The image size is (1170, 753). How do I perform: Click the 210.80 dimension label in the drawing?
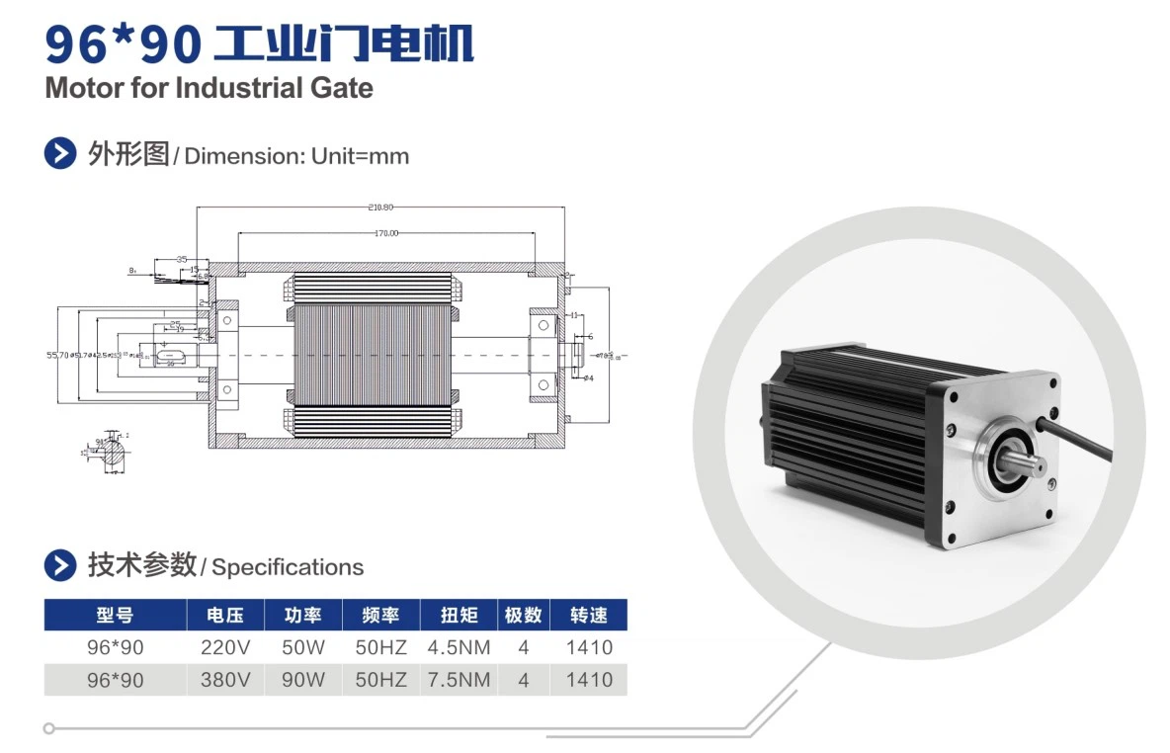pos(380,207)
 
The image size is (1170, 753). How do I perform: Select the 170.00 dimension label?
pos(385,233)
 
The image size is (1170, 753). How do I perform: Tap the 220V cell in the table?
pos(226,648)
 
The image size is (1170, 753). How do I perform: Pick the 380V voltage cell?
pos(226,680)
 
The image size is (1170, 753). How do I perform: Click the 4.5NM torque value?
pos(459,648)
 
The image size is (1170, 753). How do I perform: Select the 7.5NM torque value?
pos(459,680)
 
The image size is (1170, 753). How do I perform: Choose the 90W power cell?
pos(303,680)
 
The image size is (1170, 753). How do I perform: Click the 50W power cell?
pos(303,648)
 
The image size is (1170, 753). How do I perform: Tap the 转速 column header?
pos(589,615)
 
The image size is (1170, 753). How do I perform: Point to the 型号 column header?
pos(115,615)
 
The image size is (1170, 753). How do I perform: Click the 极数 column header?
pos(523,615)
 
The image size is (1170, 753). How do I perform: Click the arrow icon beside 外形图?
pos(60,154)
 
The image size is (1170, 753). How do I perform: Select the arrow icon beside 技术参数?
pos(60,566)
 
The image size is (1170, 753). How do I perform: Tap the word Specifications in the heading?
pos(288,567)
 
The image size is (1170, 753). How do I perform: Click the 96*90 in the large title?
pos(124,42)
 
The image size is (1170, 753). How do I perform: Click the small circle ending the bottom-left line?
pos(48,728)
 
